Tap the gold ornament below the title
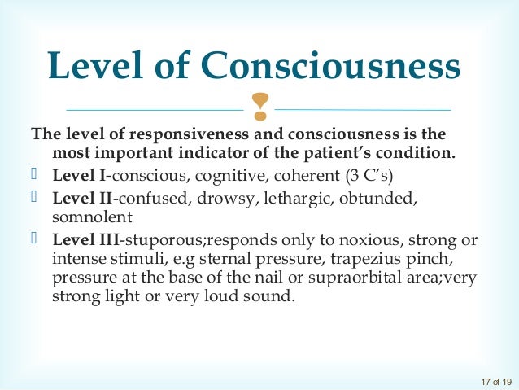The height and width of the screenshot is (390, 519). coord(260,104)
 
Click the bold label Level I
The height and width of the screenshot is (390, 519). coord(82,174)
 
